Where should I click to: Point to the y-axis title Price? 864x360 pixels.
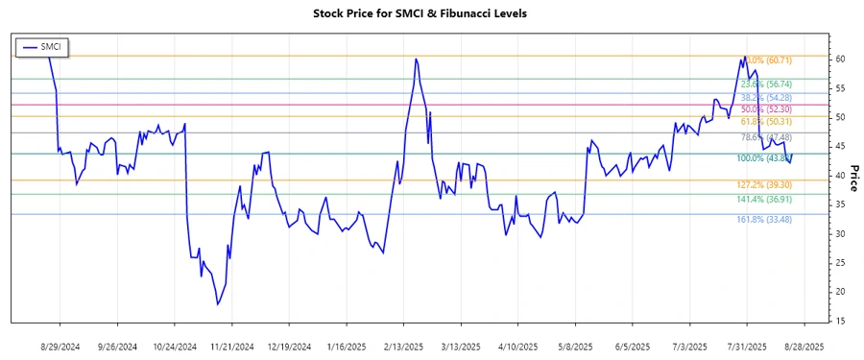[x=852, y=179]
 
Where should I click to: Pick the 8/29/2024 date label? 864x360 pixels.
[x=60, y=345]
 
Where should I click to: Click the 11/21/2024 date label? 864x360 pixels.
[x=232, y=345]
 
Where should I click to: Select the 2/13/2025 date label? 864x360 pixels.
[x=403, y=345]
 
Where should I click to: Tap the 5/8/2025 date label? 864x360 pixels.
[x=576, y=345]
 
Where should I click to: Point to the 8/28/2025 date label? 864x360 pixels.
[x=804, y=345]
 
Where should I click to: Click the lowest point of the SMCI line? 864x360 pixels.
[x=218, y=304]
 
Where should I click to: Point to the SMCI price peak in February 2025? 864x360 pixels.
[x=416, y=60]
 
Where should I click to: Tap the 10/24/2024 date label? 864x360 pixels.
[x=175, y=345]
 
